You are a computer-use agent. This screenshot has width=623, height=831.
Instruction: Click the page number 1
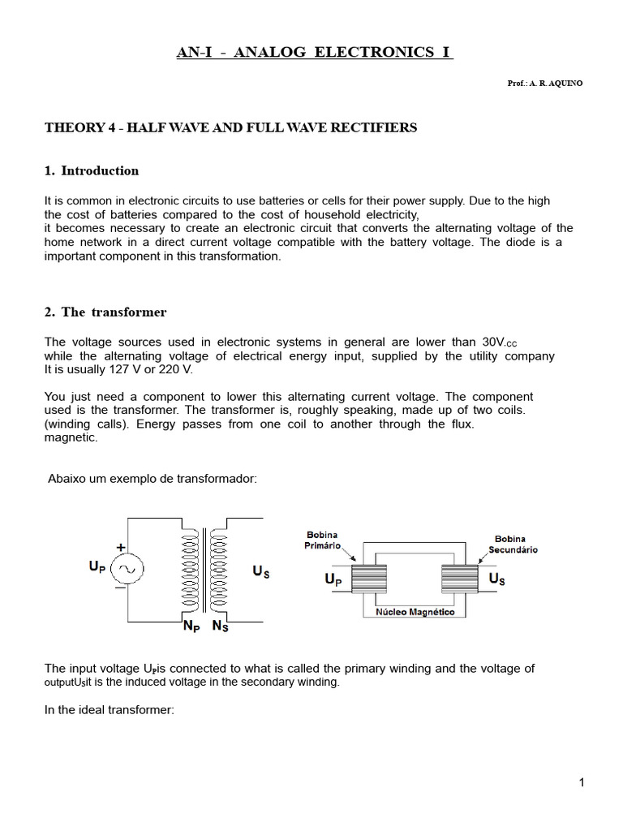pyautogui.click(x=582, y=782)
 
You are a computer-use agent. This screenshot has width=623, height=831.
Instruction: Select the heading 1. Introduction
pyautogui.click(x=92, y=170)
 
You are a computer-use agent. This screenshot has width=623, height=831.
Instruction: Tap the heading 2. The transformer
pyautogui.click(x=105, y=312)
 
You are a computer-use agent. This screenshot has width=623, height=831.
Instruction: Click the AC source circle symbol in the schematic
pyautogui.click(x=127, y=571)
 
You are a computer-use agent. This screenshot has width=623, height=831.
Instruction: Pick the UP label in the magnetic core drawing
pyautogui.click(x=333, y=581)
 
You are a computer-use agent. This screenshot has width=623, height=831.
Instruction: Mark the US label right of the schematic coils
pyautogui.click(x=261, y=571)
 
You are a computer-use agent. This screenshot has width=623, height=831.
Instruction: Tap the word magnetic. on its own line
pyautogui.click(x=71, y=437)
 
